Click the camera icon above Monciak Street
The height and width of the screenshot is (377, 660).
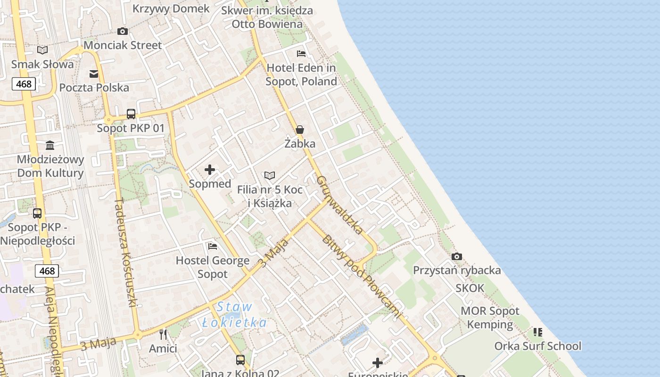click(x=123, y=32)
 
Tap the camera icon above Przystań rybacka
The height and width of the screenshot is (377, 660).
click(x=456, y=257)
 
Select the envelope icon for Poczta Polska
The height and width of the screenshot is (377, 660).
click(x=94, y=74)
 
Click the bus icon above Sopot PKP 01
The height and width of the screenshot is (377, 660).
click(x=131, y=114)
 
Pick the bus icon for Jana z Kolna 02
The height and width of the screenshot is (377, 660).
click(x=240, y=360)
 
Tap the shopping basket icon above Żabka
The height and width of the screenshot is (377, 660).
click(x=299, y=130)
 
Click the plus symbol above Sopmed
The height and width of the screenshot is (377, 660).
click(x=210, y=170)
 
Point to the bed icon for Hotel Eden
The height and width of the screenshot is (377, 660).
click(x=301, y=54)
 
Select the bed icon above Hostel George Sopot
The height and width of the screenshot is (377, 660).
click(x=213, y=246)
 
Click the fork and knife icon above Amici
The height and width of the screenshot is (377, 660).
click(x=163, y=335)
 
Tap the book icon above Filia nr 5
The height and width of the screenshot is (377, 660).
click(x=270, y=176)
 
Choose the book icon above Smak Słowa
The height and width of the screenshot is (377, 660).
click(x=42, y=50)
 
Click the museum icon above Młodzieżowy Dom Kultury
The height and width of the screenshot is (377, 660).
click(x=50, y=145)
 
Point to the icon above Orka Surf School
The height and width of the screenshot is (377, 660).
click(x=538, y=332)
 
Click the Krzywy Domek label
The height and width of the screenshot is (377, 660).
click(x=171, y=8)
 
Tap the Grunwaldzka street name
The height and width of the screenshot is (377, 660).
click(x=339, y=205)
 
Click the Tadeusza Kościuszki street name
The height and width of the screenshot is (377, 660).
click(x=125, y=253)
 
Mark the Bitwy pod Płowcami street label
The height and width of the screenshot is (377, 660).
click(x=363, y=276)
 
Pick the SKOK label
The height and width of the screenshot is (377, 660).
click(x=470, y=288)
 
